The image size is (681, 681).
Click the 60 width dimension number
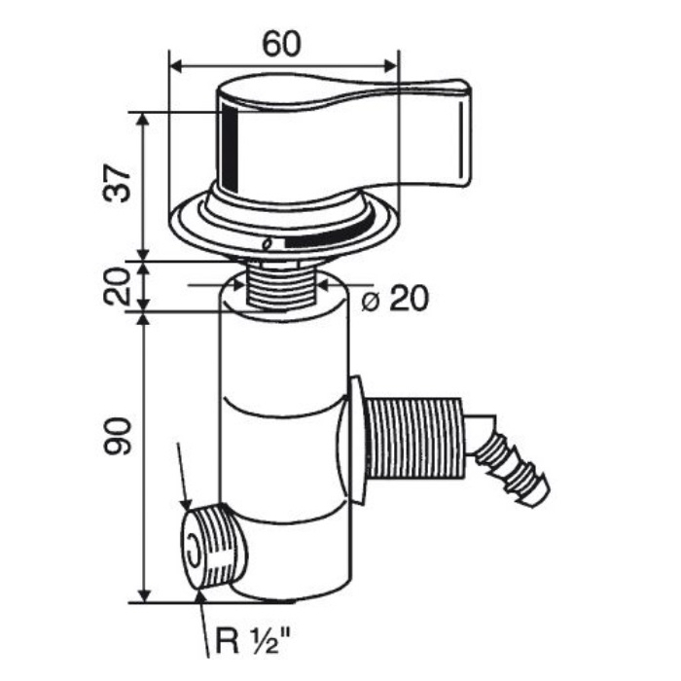281,45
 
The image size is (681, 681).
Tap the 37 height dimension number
117,183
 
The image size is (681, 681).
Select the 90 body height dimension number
117,436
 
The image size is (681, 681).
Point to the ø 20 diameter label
395,299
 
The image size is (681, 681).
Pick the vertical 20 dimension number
117,287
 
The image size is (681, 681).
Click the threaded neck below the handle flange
280,284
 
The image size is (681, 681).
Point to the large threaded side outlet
413,439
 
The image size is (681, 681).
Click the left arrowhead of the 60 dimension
175,67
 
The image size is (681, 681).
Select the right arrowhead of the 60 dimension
391,67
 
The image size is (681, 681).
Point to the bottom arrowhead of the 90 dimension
144,595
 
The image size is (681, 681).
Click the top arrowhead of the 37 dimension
144,119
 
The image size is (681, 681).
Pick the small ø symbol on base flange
268,244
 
